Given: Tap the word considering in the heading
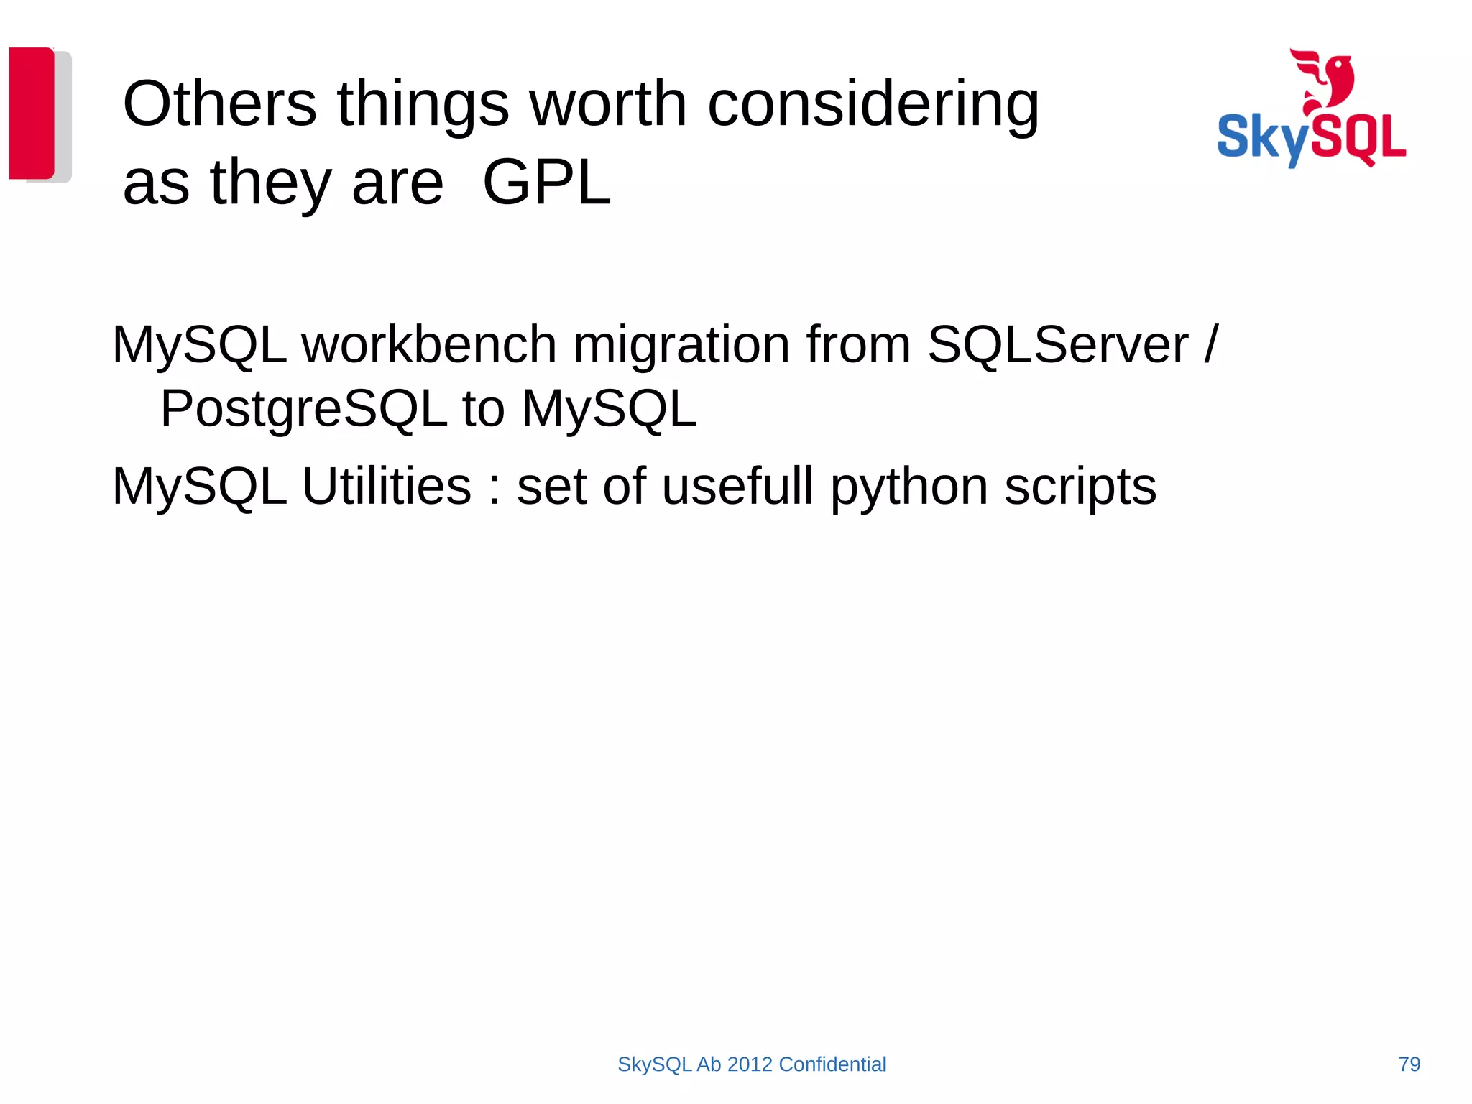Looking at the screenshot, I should click(873, 105).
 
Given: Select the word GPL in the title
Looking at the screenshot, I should click(546, 183).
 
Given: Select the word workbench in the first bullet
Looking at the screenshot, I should click(429, 344).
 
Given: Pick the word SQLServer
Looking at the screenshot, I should click(1058, 344).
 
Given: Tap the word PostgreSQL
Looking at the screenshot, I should click(303, 409).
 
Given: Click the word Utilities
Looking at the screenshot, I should click(387, 487).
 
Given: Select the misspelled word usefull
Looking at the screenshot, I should click(738, 487).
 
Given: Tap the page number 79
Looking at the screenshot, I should click(1409, 1064).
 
